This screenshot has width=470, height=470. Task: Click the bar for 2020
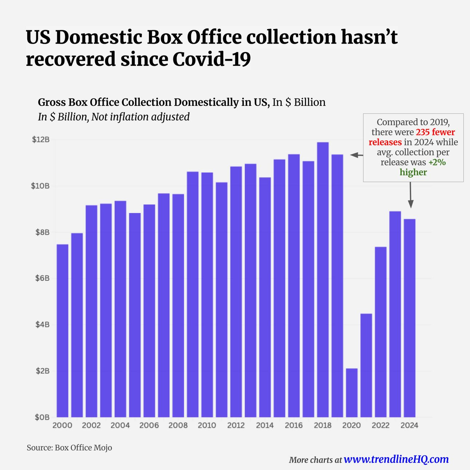click(351, 393)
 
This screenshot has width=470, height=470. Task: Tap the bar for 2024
click(409, 318)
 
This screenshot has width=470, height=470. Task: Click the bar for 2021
click(366, 365)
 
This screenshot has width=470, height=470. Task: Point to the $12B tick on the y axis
click(41, 140)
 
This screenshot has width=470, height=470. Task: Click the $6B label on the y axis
click(42, 278)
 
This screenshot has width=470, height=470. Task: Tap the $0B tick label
click(42, 417)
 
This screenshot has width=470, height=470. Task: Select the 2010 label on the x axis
click(207, 425)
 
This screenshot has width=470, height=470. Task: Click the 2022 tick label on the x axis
click(381, 425)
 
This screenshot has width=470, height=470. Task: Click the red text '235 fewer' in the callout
click(435, 132)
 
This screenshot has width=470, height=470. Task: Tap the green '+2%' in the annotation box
click(437, 162)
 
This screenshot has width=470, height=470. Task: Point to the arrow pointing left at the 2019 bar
click(357, 155)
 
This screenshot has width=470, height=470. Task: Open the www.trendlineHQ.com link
click(396, 459)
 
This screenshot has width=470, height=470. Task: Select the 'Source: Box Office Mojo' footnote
click(69, 447)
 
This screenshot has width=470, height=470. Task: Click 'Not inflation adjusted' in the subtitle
click(140, 117)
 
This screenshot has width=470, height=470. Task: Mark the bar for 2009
click(192, 294)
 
